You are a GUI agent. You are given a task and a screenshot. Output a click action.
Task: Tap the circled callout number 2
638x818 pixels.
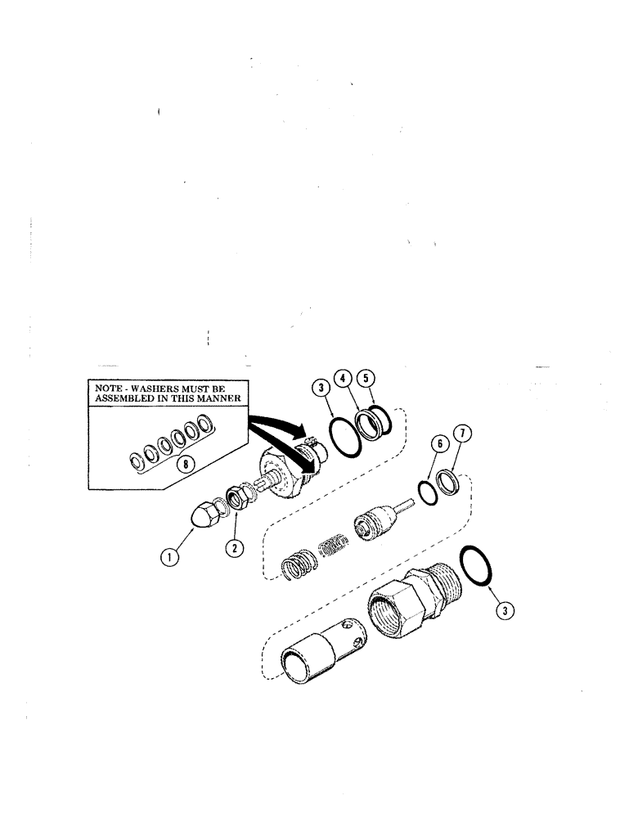tap(236, 549)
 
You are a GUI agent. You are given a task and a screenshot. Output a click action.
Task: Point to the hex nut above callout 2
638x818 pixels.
tap(240, 497)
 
